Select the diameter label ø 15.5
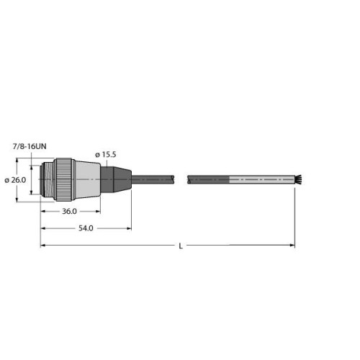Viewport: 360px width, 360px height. [108, 155]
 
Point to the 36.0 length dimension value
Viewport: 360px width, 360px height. [70, 212]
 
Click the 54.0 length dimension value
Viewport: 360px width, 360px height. [85, 228]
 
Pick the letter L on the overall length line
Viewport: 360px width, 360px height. [180, 246]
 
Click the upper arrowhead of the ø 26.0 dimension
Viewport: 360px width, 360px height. [31, 162]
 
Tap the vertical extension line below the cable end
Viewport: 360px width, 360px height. [295, 216]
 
